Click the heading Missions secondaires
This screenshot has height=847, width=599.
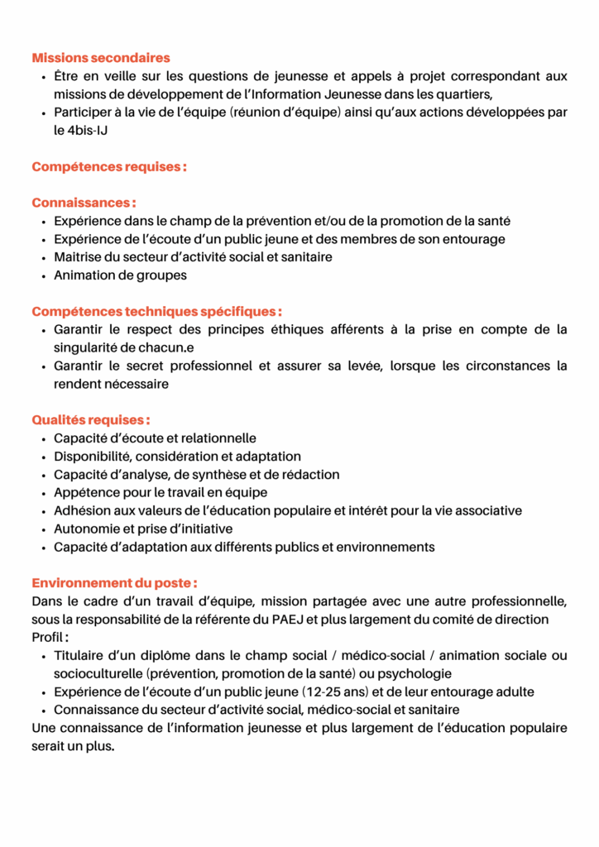[x=100, y=58]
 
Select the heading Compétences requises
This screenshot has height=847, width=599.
[x=108, y=167]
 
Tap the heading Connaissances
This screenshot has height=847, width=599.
[x=84, y=203]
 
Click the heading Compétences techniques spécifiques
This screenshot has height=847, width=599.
[x=156, y=312]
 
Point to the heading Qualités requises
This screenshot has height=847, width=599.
[x=91, y=420]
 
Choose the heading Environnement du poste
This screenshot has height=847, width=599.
[x=114, y=583]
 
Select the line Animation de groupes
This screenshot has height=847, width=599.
[x=120, y=275]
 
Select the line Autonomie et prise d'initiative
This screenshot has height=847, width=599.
[x=143, y=529]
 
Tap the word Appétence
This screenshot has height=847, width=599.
[x=84, y=493]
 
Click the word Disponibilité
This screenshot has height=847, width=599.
[x=92, y=457]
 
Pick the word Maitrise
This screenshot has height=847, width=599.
[x=77, y=257]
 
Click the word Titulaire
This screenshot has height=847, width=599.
[x=79, y=656]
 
